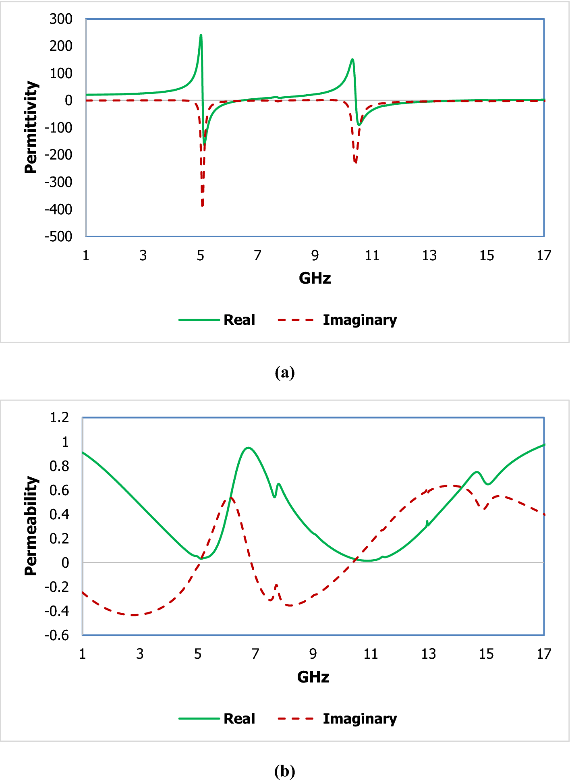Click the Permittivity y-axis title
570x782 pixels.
tap(31, 127)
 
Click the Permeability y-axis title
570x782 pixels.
tap(31, 526)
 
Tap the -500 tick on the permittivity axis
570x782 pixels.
tap(59, 236)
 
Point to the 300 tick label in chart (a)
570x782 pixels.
tap(61, 19)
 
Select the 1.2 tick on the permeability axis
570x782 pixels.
tap(59, 418)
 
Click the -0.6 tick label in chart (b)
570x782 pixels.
tap(57, 635)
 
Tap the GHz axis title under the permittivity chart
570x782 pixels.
tap(315, 278)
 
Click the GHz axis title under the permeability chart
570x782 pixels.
tap(313, 677)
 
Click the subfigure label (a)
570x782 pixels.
tap(285, 372)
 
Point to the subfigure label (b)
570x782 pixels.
tap(285, 771)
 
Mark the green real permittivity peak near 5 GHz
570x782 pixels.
tap(201, 35)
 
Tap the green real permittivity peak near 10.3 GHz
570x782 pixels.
tap(352, 60)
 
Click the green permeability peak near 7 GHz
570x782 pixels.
tap(249, 448)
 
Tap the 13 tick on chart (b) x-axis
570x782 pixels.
tap(428, 654)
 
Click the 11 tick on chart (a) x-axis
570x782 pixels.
tap(372, 255)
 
